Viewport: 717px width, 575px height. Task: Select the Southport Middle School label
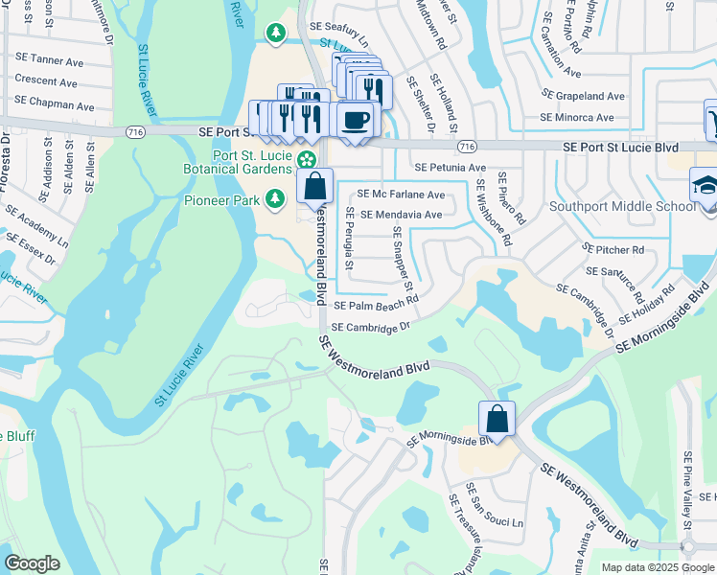[x=622, y=206]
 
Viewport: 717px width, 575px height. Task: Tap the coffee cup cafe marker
[x=356, y=120]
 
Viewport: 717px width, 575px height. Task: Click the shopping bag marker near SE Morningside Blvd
[x=497, y=419]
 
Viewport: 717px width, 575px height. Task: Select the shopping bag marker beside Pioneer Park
[x=314, y=186]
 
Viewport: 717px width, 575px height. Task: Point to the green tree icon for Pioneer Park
[x=276, y=198]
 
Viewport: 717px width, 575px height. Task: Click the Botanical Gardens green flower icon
[x=307, y=159]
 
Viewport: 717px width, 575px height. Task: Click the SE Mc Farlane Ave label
[x=401, y=195]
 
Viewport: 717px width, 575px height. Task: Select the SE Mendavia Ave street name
[x=402, y=215]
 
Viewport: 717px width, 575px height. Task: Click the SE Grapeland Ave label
[x=584, y=96]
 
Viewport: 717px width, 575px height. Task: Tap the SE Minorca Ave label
[x=577, y=118]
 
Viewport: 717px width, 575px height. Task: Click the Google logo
[x=32, y=563]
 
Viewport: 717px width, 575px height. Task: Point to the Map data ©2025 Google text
[x=657, y=567]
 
